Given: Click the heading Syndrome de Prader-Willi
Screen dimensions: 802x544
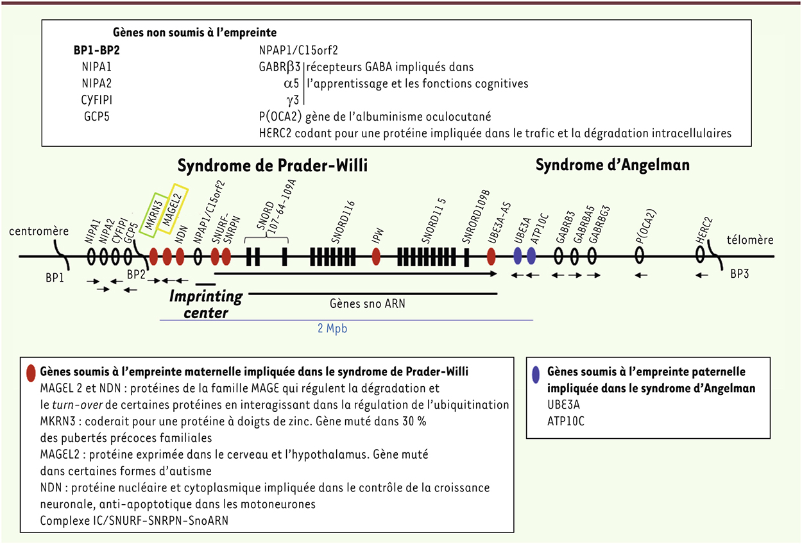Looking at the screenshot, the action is point(273,166).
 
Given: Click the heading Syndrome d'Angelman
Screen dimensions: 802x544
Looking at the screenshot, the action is point(612,165).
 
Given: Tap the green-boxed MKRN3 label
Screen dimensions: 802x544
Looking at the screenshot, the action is point(154,215).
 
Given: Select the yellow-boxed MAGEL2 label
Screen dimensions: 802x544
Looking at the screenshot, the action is point(173,209).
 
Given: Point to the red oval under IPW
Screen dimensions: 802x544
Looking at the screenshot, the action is point(376,257).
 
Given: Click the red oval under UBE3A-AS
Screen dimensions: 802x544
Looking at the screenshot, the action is point(491,256).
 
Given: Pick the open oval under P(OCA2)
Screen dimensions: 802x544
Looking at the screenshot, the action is point(640,256).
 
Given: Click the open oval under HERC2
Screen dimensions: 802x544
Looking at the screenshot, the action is point(700,255).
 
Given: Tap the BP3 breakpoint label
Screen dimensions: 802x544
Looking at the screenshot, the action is point(739,274).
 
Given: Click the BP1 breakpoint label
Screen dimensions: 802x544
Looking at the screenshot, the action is point(55,278).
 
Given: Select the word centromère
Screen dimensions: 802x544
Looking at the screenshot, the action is point(38,231).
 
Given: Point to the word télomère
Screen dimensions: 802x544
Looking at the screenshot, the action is point(750,239).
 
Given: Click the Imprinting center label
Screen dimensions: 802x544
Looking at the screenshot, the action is point(206,304).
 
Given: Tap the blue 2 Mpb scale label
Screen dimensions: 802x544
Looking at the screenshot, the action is point(332,328).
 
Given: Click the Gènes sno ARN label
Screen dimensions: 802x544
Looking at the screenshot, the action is point(368,304).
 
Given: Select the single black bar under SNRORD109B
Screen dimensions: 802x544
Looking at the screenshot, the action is point(466,257).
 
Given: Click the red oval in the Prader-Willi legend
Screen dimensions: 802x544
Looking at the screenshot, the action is point(31,373).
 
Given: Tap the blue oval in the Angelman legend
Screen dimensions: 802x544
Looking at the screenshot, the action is point(536,375).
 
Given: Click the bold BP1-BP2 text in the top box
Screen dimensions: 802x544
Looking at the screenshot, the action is point(97,50).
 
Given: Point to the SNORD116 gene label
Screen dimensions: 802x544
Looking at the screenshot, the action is point(343,222).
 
